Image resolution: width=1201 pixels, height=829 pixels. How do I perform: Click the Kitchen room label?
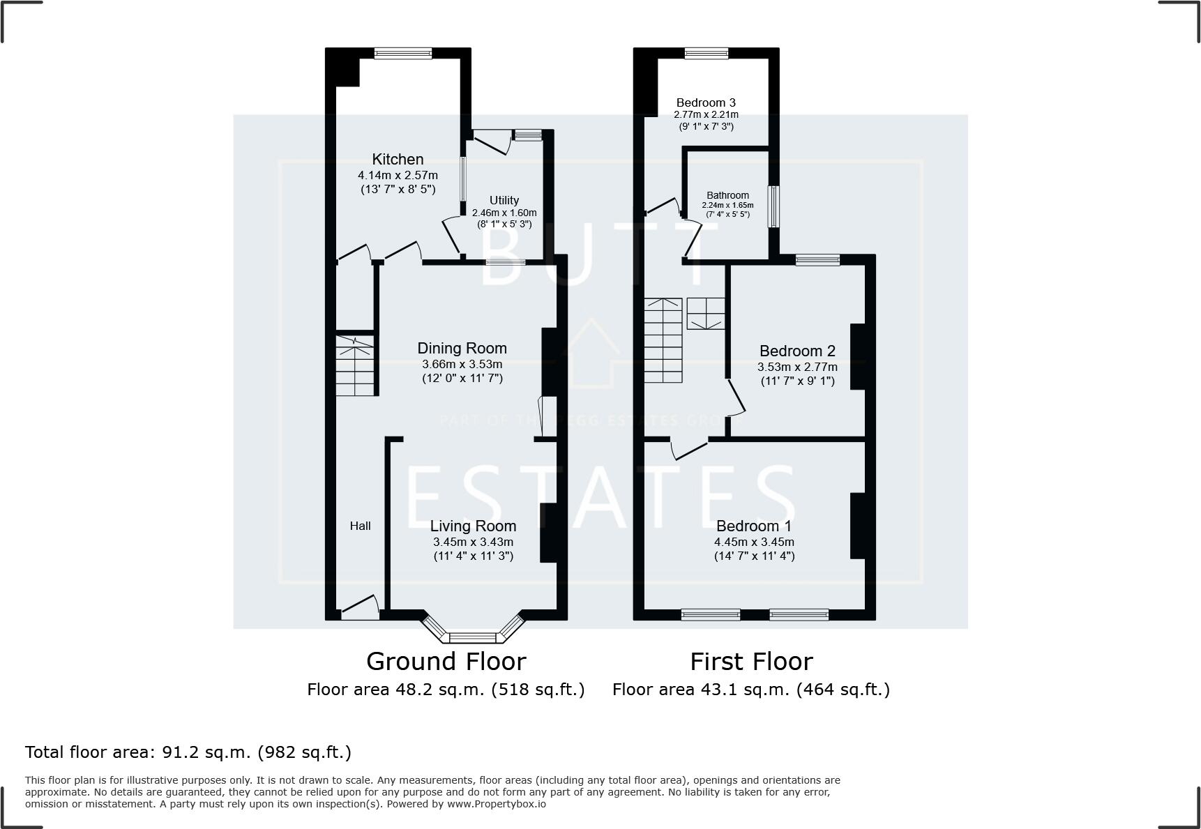tap(398, 160)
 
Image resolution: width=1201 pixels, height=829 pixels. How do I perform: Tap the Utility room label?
tap(504, 200)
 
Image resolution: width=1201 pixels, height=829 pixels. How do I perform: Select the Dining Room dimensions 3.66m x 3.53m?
tap(462, 364)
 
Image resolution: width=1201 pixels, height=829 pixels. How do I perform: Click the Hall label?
tap(360, 526)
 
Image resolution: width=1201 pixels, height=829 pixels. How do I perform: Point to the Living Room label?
tap(473, 526)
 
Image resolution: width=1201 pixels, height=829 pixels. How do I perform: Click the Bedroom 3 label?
tap(706, 102)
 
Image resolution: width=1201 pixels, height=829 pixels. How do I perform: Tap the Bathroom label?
tap(727, 195)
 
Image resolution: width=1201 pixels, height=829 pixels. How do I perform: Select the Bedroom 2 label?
tap(797, 351)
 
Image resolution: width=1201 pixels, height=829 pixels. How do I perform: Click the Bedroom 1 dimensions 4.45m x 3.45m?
tap(754, 542)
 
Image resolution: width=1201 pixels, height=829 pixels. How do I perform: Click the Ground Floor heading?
tap(446, 661)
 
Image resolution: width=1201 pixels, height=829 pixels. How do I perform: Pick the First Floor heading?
tap(751, 661)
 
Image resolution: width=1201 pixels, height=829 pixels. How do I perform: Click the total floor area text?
tap(188, 752)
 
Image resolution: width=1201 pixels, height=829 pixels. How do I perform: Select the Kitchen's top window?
tap(403, 53)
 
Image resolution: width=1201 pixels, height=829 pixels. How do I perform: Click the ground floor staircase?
tap(355, 365)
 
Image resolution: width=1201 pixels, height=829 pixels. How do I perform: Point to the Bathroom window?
tap(773, 206)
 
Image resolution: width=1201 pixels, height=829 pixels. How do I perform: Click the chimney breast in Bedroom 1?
tap(857, 526)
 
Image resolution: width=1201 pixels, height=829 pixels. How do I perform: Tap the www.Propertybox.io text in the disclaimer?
tap(497, 804)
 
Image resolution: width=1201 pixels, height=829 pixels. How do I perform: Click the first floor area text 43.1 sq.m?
tap(751, 690)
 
